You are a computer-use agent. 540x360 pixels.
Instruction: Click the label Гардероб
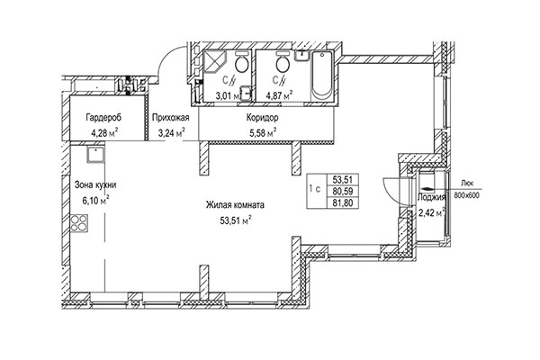pos(104,118)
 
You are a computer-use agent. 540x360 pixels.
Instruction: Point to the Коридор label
pos(261,118)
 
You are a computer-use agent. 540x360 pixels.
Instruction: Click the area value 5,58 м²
pos(261,133)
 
